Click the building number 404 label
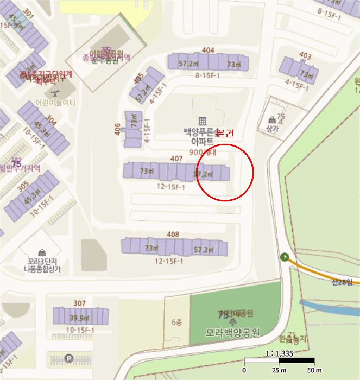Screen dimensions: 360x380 208,50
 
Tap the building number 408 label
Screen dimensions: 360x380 173,235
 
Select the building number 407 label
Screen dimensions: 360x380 176,159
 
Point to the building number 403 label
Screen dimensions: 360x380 305,56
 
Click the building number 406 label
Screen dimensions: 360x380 118,129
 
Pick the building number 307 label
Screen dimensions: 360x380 79,303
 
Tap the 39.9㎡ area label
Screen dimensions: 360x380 79,318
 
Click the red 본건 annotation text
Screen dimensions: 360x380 225,134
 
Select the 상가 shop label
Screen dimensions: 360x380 272,129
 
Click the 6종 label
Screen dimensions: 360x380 177,322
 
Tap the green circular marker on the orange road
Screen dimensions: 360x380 285,257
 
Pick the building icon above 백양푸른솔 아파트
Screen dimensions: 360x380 203,120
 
